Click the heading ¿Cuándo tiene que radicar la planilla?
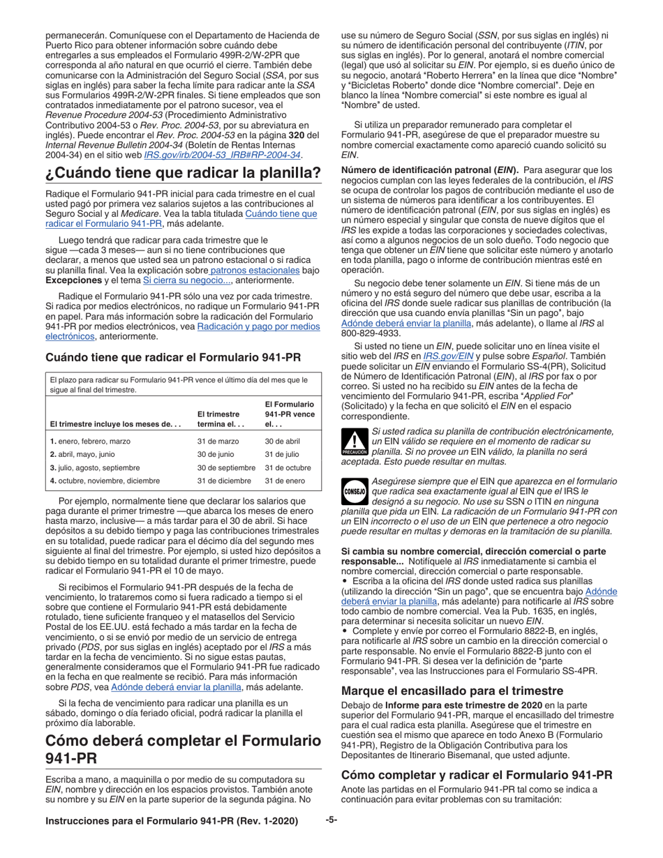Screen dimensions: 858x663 click(x=183, y=173)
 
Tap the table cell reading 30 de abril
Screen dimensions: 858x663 click(x=282, y=442)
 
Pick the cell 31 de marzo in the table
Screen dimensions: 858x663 click(x=218, y=442)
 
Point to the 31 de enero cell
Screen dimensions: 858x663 click(x=283, y=481)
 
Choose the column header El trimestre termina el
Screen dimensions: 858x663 click(x=219, y=419)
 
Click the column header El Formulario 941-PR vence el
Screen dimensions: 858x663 click(x=289, y=414)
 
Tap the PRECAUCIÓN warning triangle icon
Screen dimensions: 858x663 click(x=355, y=442)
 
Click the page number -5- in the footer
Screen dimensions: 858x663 click(x=331, y=821)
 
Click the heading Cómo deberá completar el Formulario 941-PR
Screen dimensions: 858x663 click(x=183, y=748)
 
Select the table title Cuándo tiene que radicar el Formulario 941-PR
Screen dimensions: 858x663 click(x=173, y=358)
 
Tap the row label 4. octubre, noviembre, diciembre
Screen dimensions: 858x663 click(x=105, y=481)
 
